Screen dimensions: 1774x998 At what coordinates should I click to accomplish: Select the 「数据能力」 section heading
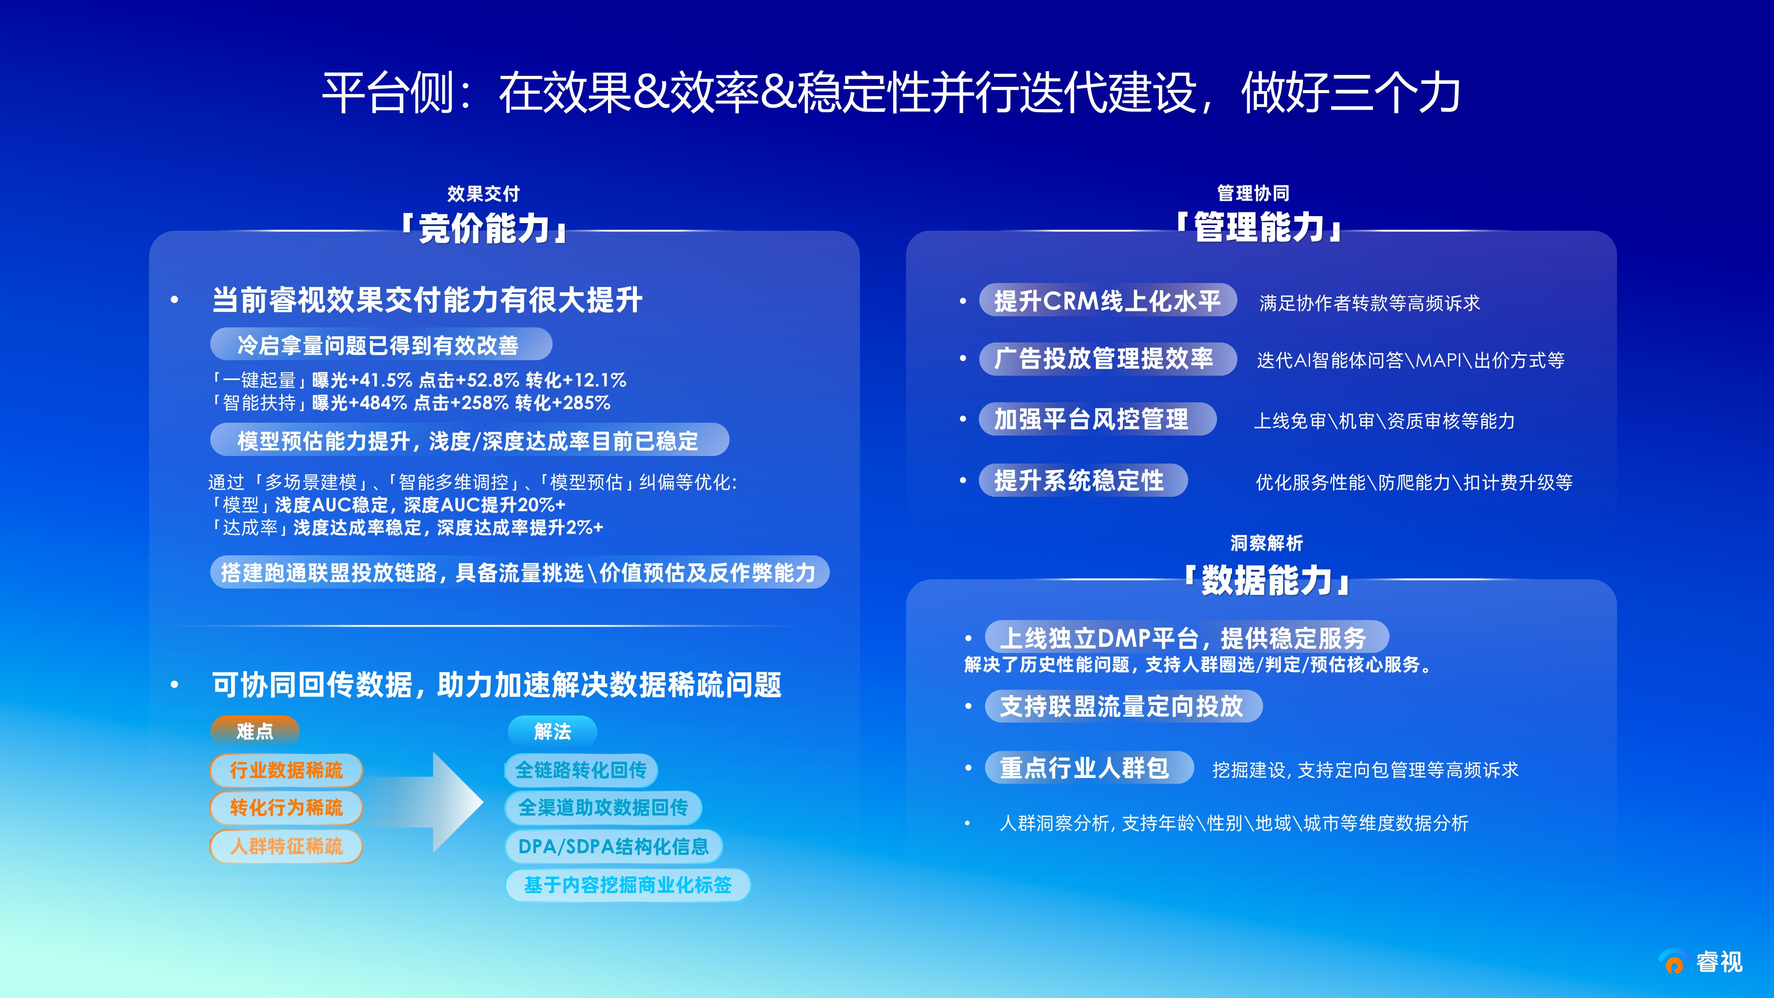1266,580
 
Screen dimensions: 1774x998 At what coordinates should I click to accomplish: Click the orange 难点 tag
255,731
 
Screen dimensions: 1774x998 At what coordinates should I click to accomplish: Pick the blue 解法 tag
552,731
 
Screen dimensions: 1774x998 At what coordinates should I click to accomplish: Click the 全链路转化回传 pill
581,770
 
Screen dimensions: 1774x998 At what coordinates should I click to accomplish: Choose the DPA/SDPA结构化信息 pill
614,846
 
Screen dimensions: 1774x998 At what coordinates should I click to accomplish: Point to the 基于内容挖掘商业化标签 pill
628,885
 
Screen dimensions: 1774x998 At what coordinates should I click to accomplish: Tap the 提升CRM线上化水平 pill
1107,300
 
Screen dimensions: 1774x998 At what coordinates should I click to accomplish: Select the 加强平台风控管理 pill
1098,419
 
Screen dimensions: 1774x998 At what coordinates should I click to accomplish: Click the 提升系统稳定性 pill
1083,480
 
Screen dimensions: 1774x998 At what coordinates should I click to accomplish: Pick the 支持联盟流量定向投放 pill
1124,706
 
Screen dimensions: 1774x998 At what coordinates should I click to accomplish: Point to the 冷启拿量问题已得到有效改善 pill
381,344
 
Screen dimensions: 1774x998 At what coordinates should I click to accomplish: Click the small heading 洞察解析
1267,543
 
